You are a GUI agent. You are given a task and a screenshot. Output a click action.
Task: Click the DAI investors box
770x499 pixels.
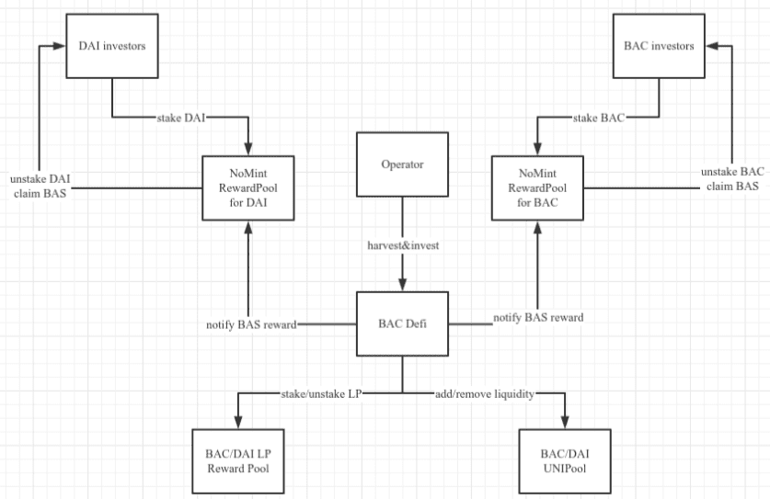click(x=112, y=46)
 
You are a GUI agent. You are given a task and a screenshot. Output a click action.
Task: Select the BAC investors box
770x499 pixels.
click(x=659, y=46)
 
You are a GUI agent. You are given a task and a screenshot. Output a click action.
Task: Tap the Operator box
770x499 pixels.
click(x=402, y=164)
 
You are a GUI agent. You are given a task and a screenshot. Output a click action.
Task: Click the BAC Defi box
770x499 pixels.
click(x=402, y=323)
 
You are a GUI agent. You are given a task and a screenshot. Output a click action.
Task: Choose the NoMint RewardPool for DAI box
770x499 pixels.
click(x=248, y=187)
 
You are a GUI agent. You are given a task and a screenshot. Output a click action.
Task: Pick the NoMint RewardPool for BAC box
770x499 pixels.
click(x=538, y=187)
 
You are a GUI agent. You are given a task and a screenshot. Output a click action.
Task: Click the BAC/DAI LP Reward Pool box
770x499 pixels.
click(x=238, y=461)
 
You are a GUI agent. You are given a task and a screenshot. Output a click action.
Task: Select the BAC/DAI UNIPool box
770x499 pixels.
click(x=565, y=461)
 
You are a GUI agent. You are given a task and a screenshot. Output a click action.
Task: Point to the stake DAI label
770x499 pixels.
click(x=180, y=118)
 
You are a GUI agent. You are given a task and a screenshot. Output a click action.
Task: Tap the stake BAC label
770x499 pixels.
click(x=599, y=118)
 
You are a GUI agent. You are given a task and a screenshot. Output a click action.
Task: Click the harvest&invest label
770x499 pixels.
click(x=403, y=245)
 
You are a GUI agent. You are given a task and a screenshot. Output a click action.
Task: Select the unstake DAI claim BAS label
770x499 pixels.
click(x=40, y=186)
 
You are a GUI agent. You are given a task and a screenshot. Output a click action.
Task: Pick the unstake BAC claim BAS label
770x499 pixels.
click(x=732, y=178)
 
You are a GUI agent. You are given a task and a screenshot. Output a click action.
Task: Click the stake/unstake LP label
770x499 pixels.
click(x=322, y=394)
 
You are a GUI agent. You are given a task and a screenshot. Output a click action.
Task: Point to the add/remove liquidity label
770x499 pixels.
click(x=485, y=394)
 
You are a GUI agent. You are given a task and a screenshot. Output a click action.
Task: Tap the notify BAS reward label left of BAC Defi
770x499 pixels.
click(x=251, y=324)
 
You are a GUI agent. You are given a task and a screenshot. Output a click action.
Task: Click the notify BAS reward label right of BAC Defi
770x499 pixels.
click(x=538, y=317)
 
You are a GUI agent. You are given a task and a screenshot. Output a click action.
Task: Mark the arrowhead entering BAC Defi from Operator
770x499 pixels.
click(x=402, y=285)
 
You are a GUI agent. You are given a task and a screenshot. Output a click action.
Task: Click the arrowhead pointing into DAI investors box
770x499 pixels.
click(x=60, y=46)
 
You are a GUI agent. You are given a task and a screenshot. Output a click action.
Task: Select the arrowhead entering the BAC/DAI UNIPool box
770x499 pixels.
click(x=565, y=423)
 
